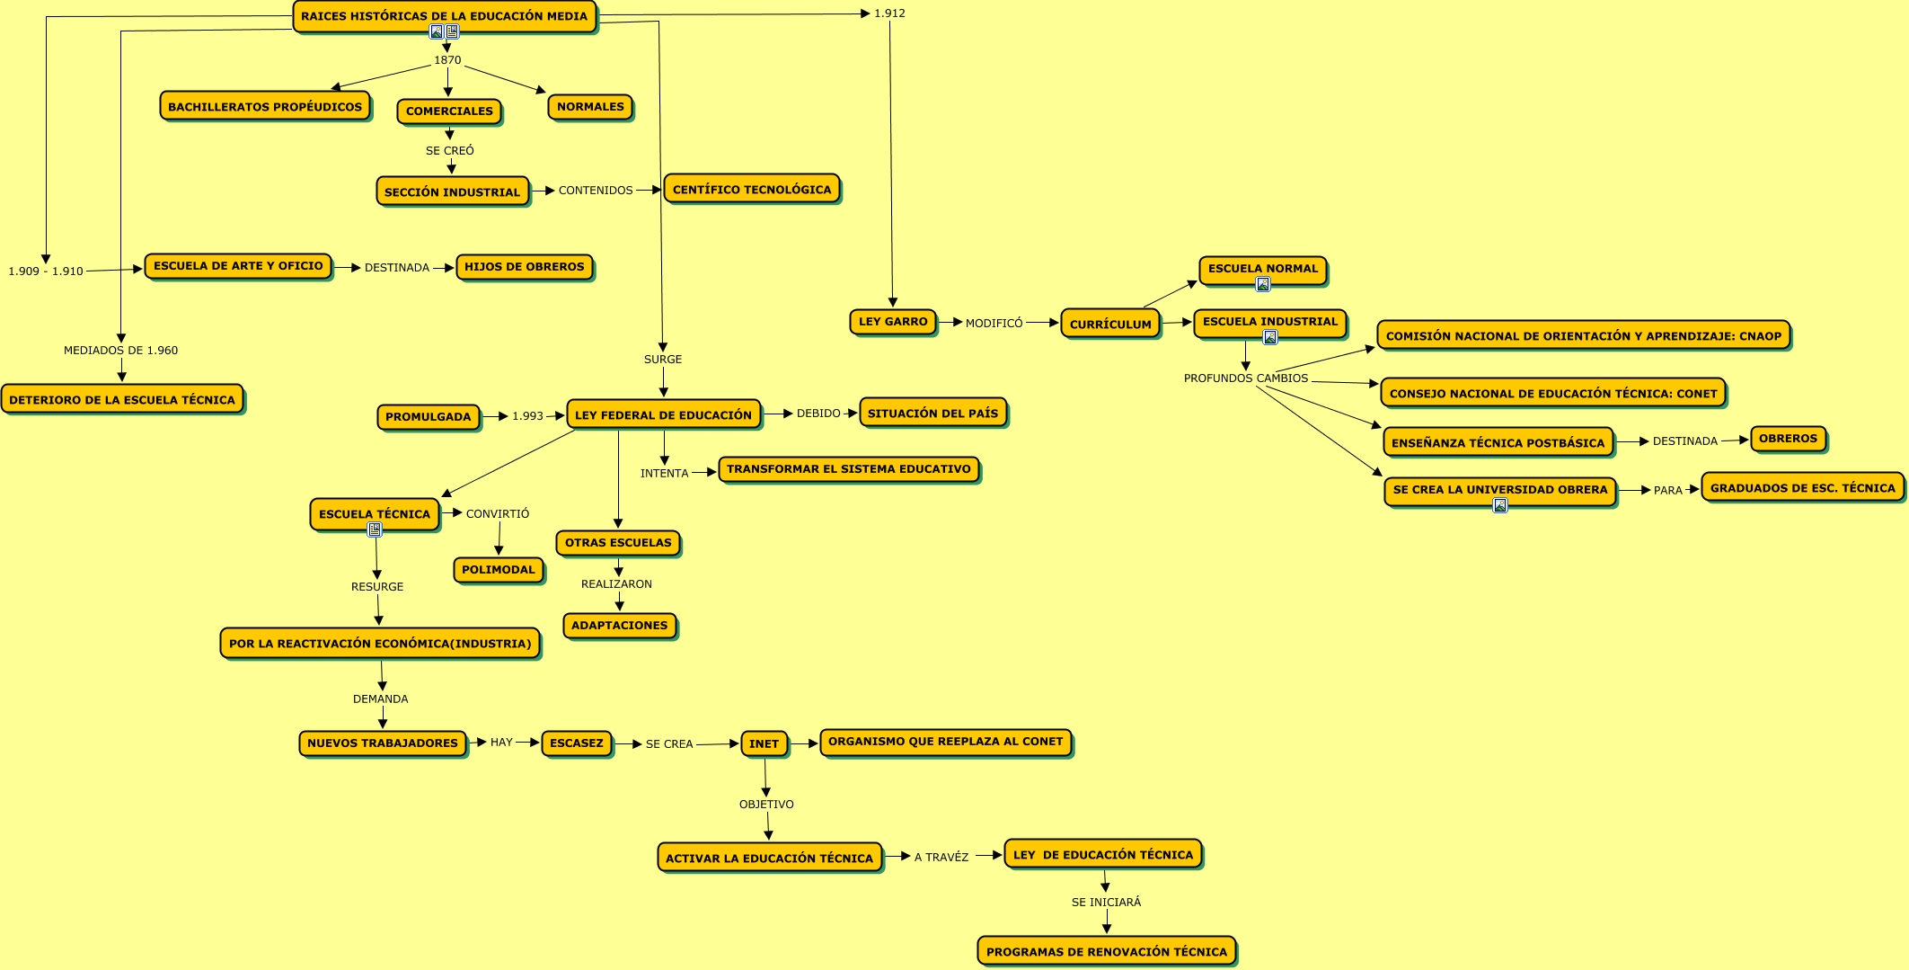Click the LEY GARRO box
point(892,322)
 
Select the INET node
point(764,743)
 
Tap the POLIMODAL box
point(499,570)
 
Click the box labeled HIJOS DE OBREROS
point(525,267)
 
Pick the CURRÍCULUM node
point(1110,324)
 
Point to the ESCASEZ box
point(577,743)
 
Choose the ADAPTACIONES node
point(620,626)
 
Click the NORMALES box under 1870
point(590,107)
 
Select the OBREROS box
point(1788,439)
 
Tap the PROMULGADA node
point(429,417)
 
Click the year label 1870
point(447,60)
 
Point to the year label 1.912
point(889,13)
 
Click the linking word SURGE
point(663,360)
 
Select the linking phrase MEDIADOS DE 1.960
point(121,351)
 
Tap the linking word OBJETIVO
point(766,805)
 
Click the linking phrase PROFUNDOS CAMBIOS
point(1246,378)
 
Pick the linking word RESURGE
point(377,587)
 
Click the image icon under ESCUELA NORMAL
point(1263,285)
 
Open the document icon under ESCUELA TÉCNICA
point(375,529)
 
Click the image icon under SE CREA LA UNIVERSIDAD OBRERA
point(1500,505)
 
